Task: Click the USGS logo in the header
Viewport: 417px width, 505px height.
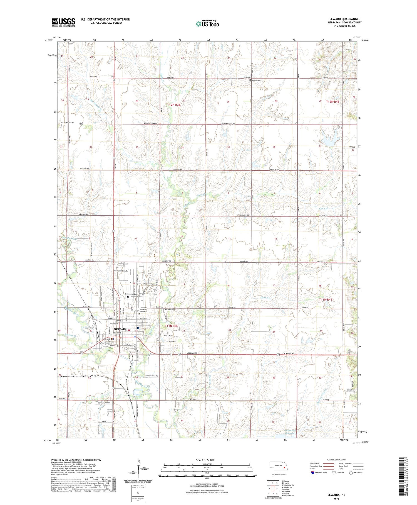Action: click(63, 22)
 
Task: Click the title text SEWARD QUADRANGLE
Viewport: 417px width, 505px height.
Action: click(345, 19)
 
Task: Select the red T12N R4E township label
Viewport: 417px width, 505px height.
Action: click(332, 102)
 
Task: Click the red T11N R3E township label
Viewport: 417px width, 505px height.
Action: click(171, 326)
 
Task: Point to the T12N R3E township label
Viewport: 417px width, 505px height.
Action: click(174, 105)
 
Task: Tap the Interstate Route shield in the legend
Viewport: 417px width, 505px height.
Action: click(313, 473)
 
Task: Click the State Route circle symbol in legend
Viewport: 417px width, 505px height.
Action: click(351, 473)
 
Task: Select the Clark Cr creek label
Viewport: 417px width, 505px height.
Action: click(265, 297)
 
